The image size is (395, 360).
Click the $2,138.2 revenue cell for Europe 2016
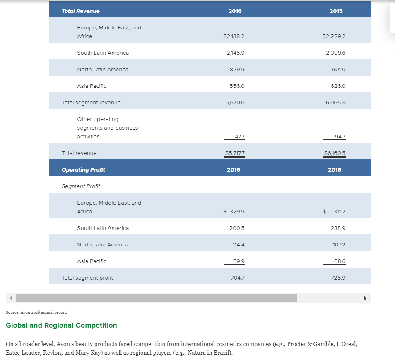click(x=234, y=36)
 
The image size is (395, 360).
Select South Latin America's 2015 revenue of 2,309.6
click(x=335, y=53)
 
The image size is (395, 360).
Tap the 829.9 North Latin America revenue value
click(x=237, y=69)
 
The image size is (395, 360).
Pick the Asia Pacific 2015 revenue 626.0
click(x=338, y=86)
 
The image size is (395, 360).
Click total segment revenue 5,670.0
click(x=235, y=103)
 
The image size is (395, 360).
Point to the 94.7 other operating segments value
click(x=340, y=137)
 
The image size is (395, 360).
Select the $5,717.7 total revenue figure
click(x=235, y=153)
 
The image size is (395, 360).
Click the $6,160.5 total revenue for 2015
click(x=335, y=153)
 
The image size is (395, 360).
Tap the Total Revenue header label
click(x=81, y=11)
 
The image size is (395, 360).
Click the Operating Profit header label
click(x=83, y=170)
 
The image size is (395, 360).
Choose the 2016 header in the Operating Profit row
click(x=234, y=170)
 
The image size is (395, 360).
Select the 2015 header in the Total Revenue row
click(x=336, y=11)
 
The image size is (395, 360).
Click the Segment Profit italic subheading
click(x=81, y=186)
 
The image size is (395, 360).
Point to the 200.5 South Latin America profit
click(x=237, y=228)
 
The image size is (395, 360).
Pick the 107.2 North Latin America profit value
click(x=339, y=245)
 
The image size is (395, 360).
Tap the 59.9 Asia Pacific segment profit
click(x=238, y=261)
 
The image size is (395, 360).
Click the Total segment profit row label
click(x=87, y=278)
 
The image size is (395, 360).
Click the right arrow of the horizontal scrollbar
click(x=366, y=298)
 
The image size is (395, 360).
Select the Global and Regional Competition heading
click(x=61, y=325)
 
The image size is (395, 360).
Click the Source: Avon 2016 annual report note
click(x=36, y=312)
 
